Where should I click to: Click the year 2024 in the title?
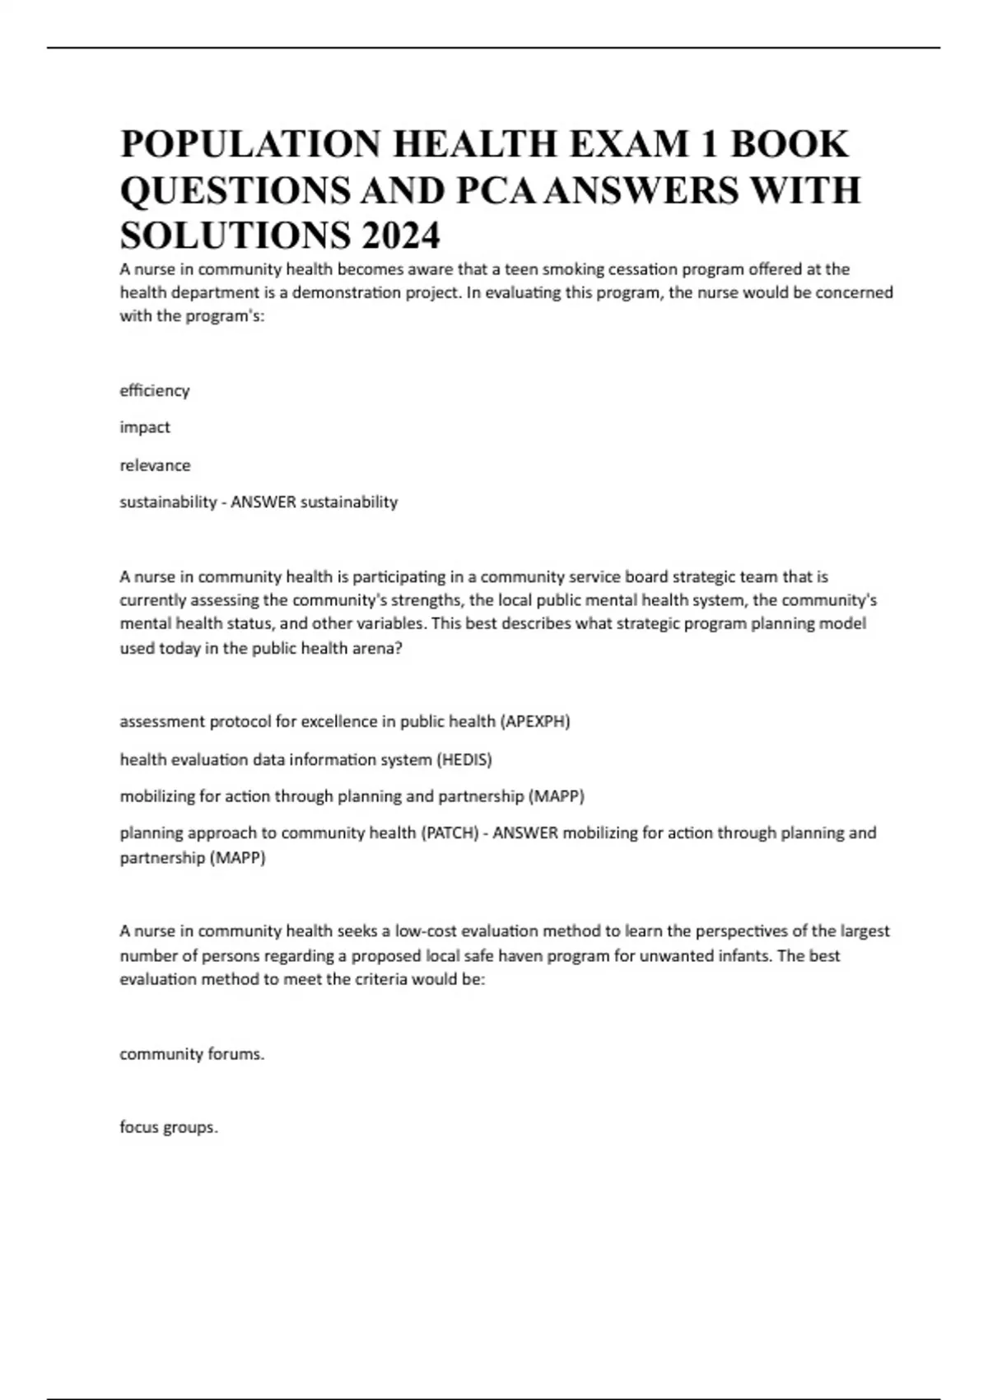tap(400, 236)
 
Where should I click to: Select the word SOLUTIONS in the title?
tap(235, 236)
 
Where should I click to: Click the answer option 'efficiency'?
tap(155, 390)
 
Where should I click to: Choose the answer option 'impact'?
tap(145, 427)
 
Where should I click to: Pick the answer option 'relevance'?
tap(155, 465)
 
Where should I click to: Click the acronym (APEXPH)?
tap(534, 721)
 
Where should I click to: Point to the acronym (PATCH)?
tap(450, 833)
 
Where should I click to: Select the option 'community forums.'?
tap(192, 1054)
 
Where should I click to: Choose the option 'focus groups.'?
tap(169, 1127)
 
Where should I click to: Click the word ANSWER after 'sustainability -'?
tap(263, 502)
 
